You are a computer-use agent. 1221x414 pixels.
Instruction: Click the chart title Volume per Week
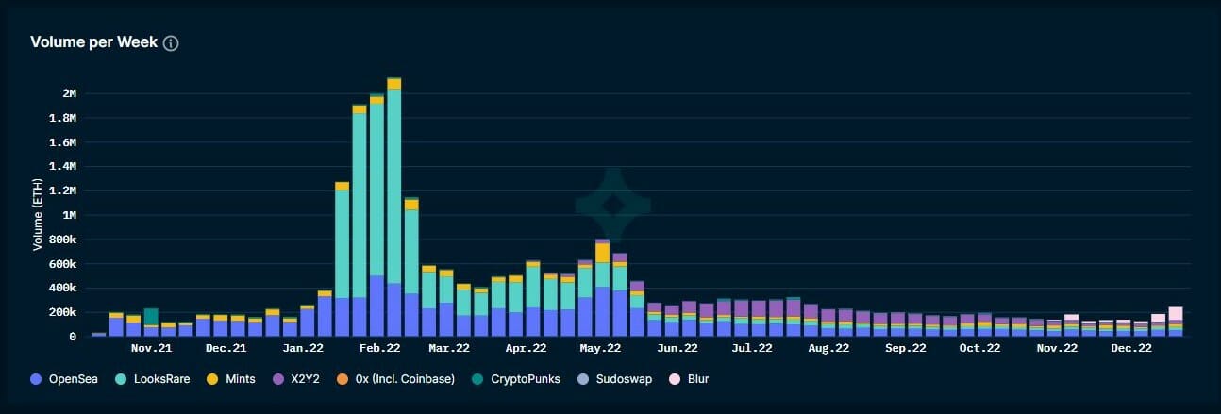(x=93, y=43)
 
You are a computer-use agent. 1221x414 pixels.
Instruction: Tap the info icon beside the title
(x=171, y=43)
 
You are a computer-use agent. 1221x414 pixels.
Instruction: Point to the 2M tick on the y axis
(x=68, y=93)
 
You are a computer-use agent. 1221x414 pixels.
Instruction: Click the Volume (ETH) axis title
(x=38, y=216)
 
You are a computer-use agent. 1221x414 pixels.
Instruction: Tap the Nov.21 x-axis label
(x=151, y=348)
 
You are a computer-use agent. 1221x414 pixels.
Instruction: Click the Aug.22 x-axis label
(x=828, y=348)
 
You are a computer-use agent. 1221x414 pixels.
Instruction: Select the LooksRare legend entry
(x=154, y=379)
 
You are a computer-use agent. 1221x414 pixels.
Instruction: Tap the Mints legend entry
(x=235, y=379)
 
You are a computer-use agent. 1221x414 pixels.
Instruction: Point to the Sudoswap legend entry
(x=615, y=379)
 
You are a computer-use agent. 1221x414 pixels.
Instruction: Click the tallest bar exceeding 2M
(x=394, y=207)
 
